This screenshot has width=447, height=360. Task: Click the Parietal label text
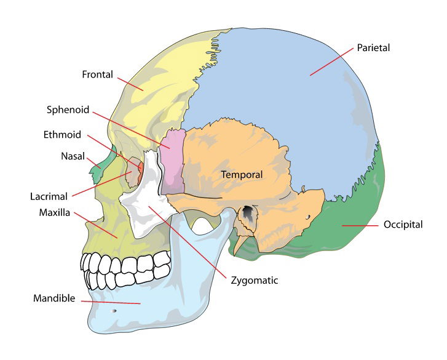373,47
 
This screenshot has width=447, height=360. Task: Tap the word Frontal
98,74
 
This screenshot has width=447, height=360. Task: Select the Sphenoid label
68,110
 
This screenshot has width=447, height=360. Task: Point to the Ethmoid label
62,135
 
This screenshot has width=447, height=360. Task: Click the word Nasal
73,156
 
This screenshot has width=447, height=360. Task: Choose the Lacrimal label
49,196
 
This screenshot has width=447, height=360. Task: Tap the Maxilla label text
55,212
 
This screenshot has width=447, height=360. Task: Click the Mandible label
54,298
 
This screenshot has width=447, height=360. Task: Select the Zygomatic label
255,281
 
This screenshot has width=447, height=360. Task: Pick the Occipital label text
403,225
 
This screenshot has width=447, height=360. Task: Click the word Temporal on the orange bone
242,175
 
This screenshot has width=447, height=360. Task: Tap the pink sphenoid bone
173,161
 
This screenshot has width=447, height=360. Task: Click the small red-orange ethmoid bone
140,173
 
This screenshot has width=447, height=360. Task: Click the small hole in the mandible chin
114,310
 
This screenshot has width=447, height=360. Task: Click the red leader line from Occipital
360,226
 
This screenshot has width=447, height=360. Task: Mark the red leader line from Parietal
331,62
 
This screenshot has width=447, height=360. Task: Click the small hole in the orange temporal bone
308,217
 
